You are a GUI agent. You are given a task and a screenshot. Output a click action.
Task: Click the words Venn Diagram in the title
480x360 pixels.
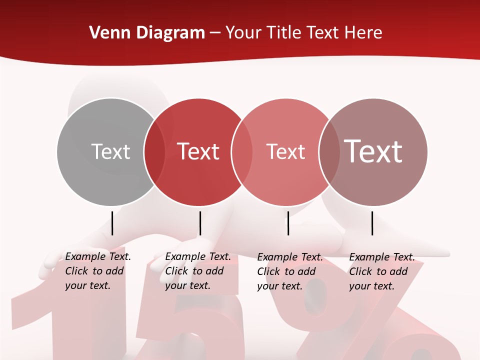click(x=147, y=33)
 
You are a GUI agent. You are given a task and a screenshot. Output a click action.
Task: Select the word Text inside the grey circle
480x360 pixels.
click(x=110, y=151)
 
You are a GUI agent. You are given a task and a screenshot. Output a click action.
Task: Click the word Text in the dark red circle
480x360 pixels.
click(x=198, y=151)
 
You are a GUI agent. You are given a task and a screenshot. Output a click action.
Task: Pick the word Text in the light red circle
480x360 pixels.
click(x=285, y=151)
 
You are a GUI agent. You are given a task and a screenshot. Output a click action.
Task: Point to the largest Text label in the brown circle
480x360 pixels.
click(x=373, y=151)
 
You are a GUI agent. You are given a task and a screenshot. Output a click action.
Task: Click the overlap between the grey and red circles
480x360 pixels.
click(x=154, y=151)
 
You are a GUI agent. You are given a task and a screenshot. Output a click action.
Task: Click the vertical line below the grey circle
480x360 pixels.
click(x=112, y=223)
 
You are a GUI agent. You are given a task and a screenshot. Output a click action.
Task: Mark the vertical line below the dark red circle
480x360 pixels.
click(x=200, y=223)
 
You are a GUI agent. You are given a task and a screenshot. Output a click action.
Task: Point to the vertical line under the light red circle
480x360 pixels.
click(x=288, y=223)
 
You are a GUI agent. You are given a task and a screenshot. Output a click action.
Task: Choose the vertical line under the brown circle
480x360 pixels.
click(x=372, y=223)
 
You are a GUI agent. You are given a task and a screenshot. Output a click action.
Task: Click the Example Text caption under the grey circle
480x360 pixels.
click(x=97, y=271)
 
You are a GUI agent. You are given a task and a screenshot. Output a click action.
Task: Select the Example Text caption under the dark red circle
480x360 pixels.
click(x=197, y=271)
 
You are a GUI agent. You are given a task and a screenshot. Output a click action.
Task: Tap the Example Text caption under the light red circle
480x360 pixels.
click(x=289, y=271)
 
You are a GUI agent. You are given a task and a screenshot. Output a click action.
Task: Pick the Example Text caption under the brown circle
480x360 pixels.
click(x=381, y=271)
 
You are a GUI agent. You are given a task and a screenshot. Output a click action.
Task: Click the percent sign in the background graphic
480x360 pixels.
click(x=360, y=320)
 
